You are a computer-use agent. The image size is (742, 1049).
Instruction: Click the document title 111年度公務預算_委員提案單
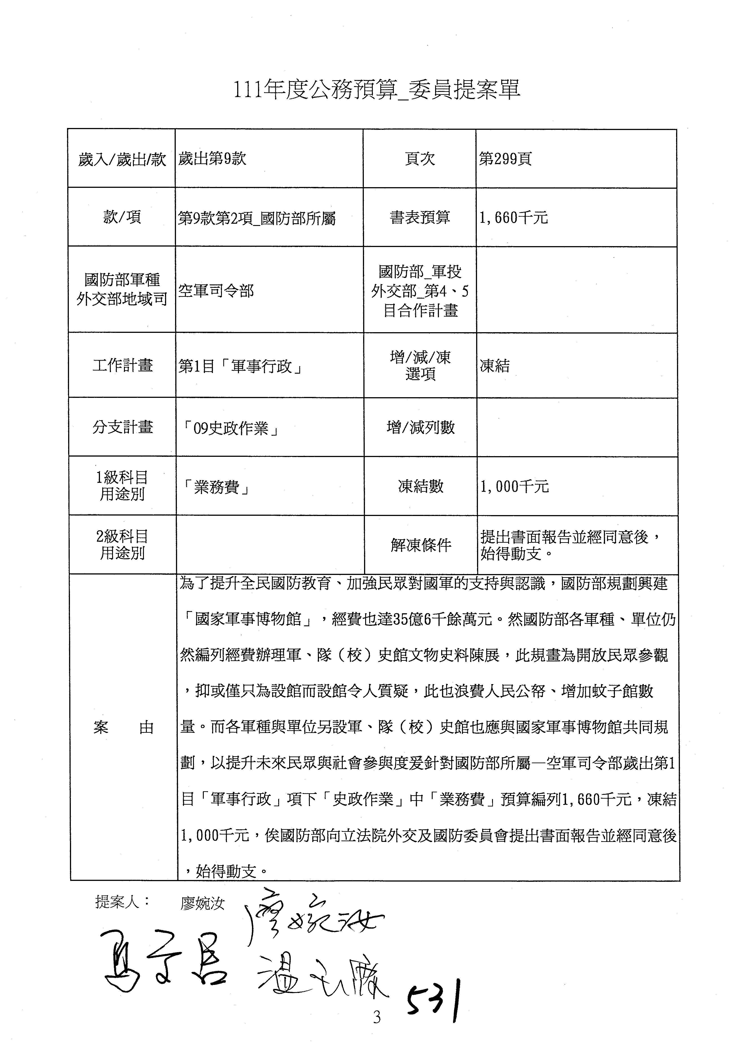coord(377,90)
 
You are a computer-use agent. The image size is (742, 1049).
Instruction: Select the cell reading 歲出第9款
coord(213,159)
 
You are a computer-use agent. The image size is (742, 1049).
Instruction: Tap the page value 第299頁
coord(505,159)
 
